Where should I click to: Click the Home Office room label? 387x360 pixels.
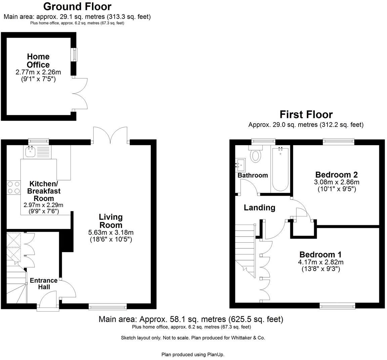pyautogui.click(x=38, y=61)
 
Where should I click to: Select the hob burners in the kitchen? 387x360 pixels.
pyautogui.click(x=13, y=188)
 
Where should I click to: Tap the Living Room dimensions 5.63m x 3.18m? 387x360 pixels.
pyautogui.click(x=111, y=232)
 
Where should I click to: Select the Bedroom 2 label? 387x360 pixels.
pyautogui.click(x=336, y=175)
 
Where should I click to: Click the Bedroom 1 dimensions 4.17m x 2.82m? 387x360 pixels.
pyautogui.click(x=320, y=262)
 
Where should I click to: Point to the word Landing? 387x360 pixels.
pyautogui.click(x=259, y=208)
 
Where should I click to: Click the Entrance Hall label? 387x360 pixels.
pyautogui.click(x=44, y=284)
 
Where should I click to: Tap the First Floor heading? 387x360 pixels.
pyautogui.click(x=306, y=115)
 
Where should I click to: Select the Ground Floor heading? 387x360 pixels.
pyautogui.click(x=77, y=6)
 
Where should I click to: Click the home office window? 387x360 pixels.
pyautogui.click(x=73, y=55)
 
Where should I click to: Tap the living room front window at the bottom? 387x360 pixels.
pyautogui.click(x=107, y=306)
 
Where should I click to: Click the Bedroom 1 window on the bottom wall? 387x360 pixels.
pyautogui.click(x=337, y=305)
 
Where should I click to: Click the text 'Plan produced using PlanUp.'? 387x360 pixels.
pyautogui.click(x=193, y=354)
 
